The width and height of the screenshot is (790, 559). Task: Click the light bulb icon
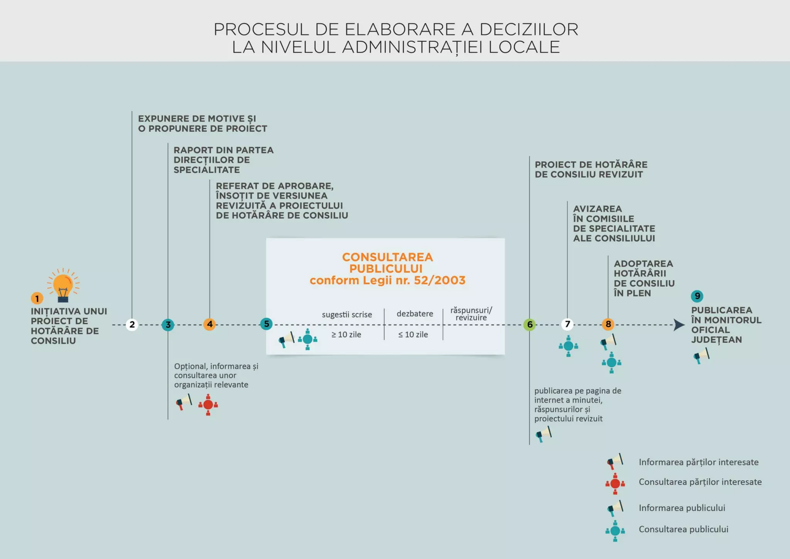[63, 286]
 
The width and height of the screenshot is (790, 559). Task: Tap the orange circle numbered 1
[37, 298]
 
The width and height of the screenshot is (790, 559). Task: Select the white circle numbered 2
[132, 325]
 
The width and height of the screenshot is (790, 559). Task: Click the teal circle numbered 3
[168, 325]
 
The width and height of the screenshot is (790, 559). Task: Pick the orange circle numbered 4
[209, 324]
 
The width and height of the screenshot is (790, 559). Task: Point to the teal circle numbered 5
[266, 324]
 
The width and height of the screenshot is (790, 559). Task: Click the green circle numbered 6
[530, 325]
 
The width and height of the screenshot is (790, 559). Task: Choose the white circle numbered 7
[567, 324]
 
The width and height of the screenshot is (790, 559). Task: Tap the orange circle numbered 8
[608, 324]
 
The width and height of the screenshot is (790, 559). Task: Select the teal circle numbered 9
[697, 296]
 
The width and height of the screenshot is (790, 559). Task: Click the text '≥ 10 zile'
[346, 335]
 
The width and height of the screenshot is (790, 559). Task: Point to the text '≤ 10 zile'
[413, 335]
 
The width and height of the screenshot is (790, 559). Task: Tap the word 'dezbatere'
[415, 314]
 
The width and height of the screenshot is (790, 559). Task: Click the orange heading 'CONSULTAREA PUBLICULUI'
[387, 263]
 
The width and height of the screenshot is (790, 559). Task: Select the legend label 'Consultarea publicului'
[683, 529]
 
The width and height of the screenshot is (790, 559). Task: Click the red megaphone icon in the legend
[615, 461]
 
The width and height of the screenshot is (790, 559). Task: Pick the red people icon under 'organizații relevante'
[208, 405]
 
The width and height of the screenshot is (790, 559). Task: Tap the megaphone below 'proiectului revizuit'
[544, 434]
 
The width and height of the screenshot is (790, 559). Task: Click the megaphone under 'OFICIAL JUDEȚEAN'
[701, 356]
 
